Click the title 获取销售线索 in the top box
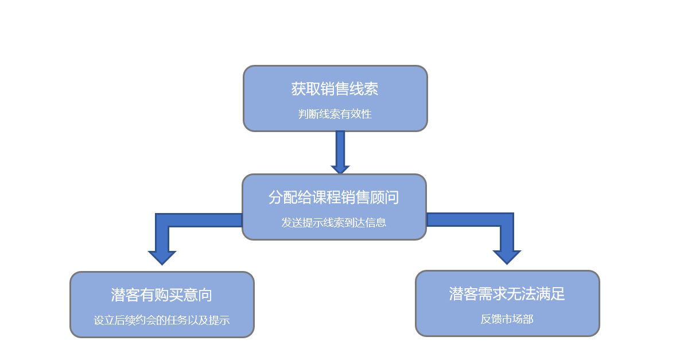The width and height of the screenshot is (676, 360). [335, 89]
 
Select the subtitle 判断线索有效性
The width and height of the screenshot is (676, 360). [335, 114]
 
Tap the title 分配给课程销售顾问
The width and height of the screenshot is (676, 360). [333, 198]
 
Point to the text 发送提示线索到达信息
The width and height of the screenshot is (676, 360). [333, 222]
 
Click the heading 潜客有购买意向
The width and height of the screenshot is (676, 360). [161, 295]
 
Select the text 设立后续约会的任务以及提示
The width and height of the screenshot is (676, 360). [161, 320]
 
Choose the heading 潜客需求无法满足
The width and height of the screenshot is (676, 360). [507, 294]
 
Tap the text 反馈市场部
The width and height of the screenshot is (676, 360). [507, 319]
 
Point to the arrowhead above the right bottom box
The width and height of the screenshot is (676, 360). [507, 257]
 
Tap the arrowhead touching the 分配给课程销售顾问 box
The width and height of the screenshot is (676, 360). [340, 169]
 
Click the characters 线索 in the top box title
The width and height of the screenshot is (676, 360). [364, 89]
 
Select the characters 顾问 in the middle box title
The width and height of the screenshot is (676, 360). [384, 198]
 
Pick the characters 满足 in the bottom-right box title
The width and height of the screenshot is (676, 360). [550, 294]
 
